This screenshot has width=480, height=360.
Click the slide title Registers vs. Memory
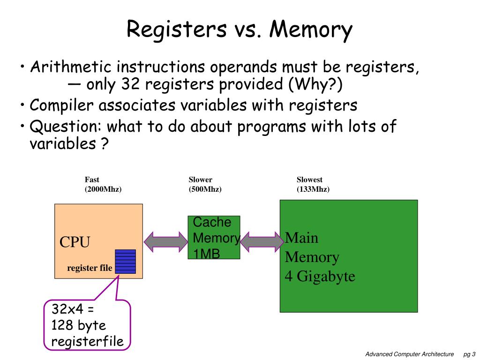(239, 29)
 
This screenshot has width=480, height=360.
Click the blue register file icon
(125, 262)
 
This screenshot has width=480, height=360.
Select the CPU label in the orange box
(75, 242)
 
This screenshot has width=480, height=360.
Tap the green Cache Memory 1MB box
(214, 237)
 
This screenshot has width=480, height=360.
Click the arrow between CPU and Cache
(165, 241)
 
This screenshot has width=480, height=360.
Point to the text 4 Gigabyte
(320, 277)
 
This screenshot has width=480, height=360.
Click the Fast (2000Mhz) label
(103, 185)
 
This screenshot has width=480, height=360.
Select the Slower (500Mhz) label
(205, 185)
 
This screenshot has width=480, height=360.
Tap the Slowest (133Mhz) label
(313, 185)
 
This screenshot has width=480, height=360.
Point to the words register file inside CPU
(90, 268)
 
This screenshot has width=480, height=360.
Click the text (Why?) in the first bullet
(315, 85)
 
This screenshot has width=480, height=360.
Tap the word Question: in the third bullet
(66, 127)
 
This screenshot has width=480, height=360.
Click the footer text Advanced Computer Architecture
(409, 354)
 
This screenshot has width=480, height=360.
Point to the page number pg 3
(469, 354)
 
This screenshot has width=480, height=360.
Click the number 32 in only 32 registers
(129, 85)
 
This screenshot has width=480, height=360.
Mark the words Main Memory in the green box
(312, 247)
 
